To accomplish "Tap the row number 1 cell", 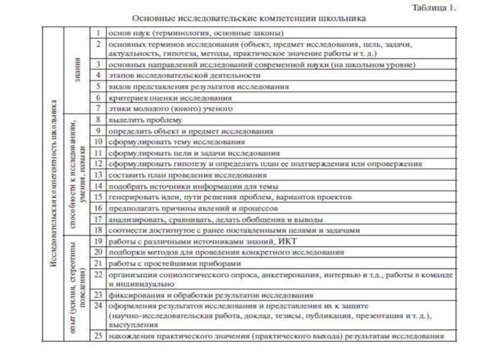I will coord(98,32).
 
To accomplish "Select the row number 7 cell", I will coord(98,109).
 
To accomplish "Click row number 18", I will coord(99,230).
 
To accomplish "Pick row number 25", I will coord(99,336).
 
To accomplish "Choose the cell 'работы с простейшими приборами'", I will coord(175,263).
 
